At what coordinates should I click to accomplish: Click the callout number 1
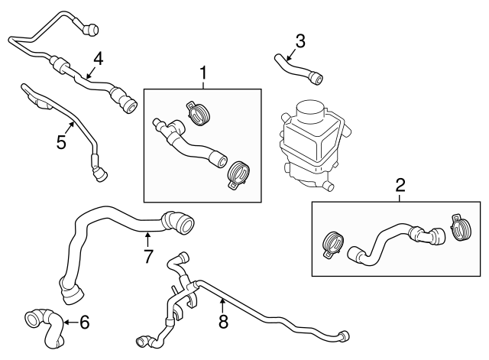pos(203,73)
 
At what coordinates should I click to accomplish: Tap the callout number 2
pos(400,185)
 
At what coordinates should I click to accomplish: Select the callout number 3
pos(300,41)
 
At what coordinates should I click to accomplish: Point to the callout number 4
pos(99,59)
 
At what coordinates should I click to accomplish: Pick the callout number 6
pos(84,323)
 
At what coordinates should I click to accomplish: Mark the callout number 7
pos(148,255)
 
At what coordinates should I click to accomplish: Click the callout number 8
pos(223,322)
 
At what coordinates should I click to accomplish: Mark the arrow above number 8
pos(222,303)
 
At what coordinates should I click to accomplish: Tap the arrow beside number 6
pos(68,323)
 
